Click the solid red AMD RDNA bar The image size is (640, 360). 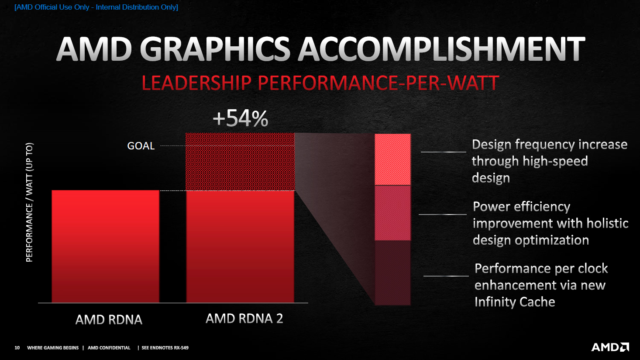click(106, 246)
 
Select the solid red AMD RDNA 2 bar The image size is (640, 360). click(240, 246)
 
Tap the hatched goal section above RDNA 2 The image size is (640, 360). click(240, 162)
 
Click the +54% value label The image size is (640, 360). click(240, 118)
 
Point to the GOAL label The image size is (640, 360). click(141, 146)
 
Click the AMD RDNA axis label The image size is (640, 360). click(109, 319)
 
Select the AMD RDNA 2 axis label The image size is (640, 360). click(244, 318)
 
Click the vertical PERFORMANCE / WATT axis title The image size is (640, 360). click(29, 202)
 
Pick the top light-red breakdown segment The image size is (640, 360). click(392, 159)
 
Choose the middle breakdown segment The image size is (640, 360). click(392, 213)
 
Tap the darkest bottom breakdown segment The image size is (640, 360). click(392, 273)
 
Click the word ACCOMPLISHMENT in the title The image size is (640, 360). click(441, 49)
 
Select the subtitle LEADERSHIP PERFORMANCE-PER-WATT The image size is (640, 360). click(320, 83)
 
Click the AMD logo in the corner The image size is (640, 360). click(610, 347)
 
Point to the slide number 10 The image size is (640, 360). click(17, 348)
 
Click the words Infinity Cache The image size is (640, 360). click(515, 302)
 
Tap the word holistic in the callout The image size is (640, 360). click(607, 223)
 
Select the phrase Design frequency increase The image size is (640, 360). click(549, 145)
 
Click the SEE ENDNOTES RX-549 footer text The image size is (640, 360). click(165, 348)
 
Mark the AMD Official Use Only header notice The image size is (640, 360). click(96, 7)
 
